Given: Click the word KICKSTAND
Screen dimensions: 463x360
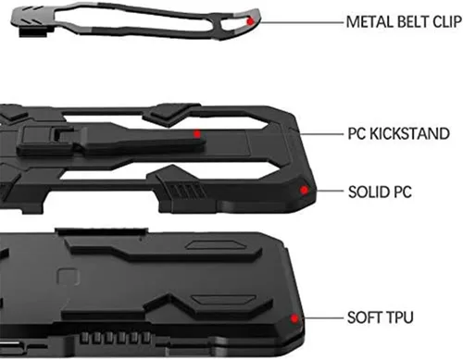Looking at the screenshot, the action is [x=409, y=133].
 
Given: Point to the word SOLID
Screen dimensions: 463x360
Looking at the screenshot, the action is [x=369, y=192].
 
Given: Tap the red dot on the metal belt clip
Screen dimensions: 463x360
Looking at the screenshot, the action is [x=250, y=21].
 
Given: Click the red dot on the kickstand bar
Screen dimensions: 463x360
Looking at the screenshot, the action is [x=197, y=134].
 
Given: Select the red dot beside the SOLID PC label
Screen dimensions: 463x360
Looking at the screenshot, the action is [x=304, y=190].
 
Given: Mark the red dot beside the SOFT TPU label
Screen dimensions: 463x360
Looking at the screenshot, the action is [x=294, y=318].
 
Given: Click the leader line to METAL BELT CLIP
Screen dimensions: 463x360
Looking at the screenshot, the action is [x=302, y=22].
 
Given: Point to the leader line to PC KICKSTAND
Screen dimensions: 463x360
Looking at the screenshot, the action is [x=321, y=134].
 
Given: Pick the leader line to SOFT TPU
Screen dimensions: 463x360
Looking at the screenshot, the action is [x=324, y=317].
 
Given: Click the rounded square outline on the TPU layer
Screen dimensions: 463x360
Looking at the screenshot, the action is [x=69, y=277].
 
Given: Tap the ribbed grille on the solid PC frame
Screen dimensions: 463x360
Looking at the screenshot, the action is [x=187, y=190].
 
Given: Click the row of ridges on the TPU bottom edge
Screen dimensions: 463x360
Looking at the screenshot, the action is [x=115, y=338].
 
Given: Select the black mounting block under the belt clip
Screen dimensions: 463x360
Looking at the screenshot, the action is [x=33, y=31].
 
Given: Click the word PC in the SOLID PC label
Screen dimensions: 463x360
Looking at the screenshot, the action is [x=403, y=192].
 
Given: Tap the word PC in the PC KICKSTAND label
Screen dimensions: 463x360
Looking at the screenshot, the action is [x=357, y=133].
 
